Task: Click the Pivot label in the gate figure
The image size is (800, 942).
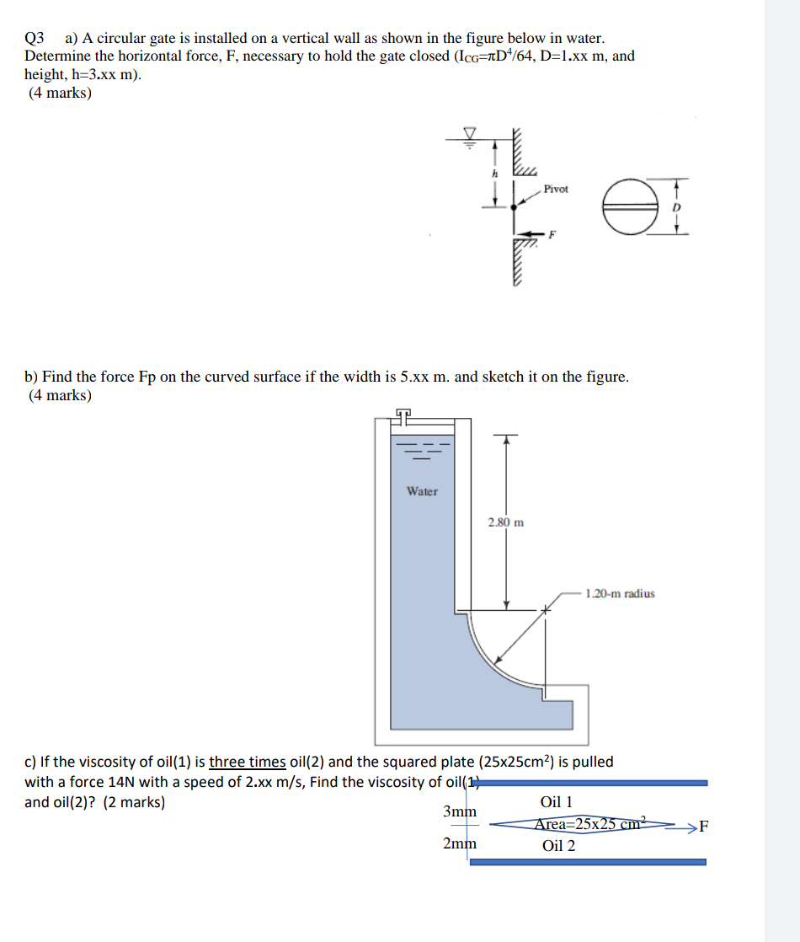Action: coord(556,189)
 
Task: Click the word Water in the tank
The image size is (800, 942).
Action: coord(422,491)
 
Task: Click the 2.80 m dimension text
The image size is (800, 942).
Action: coord(505,522)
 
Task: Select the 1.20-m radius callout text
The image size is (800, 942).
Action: coord(619,593)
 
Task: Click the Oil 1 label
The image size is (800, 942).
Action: coord(556,802)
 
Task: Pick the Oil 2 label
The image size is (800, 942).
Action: coord(558,845)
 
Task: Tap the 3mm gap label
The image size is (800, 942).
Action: coord(459,811)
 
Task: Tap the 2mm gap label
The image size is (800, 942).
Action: coord(459,843)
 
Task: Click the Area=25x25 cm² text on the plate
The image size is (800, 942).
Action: coord(589,823)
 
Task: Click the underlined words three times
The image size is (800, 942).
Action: coord(247,762)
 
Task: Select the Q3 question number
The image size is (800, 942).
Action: coord(35,38)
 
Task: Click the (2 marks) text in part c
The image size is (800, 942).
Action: coord(134,802)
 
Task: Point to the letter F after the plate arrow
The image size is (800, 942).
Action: coord(704,826)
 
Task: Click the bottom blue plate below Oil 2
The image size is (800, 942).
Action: coord(587,862)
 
